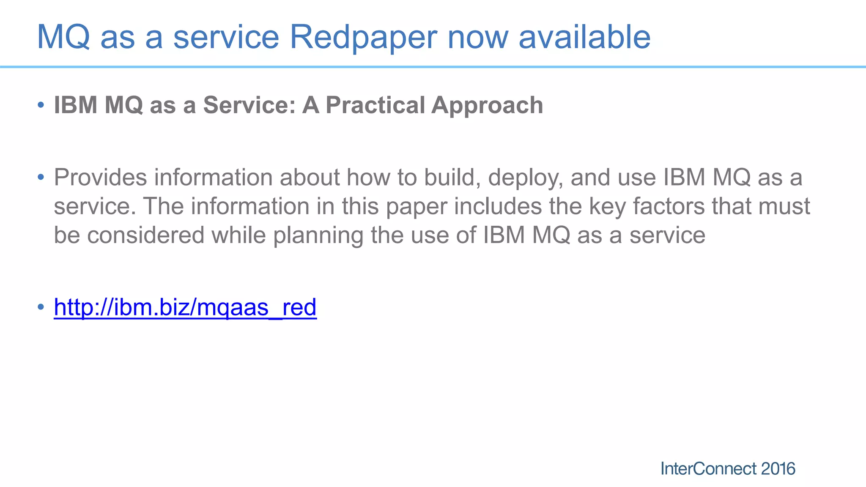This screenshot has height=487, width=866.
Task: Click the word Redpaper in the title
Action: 363,37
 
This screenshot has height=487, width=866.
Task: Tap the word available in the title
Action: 584,37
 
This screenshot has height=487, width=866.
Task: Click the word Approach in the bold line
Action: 487,106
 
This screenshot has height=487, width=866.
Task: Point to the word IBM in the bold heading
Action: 76,105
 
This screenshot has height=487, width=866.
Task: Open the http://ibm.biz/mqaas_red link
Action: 185,307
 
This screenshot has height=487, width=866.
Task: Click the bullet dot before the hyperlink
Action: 41,306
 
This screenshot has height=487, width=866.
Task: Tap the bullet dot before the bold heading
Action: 41,104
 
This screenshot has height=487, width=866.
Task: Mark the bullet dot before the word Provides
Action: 41,177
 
